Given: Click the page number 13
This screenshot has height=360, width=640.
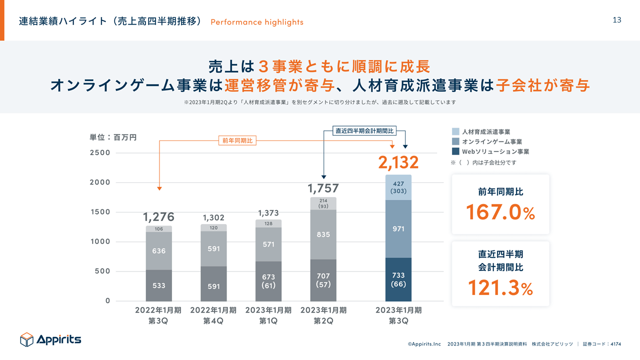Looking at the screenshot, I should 616,20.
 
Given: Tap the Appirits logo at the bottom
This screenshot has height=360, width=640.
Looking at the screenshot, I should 50,340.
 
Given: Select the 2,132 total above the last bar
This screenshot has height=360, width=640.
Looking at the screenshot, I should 398,162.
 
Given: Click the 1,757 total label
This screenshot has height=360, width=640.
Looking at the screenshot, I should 323,188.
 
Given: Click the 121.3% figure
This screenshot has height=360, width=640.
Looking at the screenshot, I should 500,288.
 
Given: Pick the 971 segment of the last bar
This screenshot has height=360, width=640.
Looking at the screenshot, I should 398,228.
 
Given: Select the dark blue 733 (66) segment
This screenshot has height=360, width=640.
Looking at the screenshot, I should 398,280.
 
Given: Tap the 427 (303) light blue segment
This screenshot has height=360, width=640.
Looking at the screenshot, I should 398,187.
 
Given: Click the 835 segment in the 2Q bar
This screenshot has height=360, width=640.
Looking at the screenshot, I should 323,234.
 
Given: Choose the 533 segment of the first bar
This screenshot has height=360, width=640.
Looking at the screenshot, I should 159,285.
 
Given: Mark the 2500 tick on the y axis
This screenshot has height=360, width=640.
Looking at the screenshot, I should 100,152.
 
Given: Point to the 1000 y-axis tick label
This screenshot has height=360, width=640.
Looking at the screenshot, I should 100,241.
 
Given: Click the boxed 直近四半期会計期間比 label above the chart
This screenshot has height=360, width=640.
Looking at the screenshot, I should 364,131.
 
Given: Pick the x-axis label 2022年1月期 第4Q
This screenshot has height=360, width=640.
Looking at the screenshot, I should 213,315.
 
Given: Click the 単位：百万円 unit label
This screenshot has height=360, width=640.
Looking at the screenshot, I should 113,136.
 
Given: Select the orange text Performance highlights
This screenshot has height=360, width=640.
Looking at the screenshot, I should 257,22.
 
